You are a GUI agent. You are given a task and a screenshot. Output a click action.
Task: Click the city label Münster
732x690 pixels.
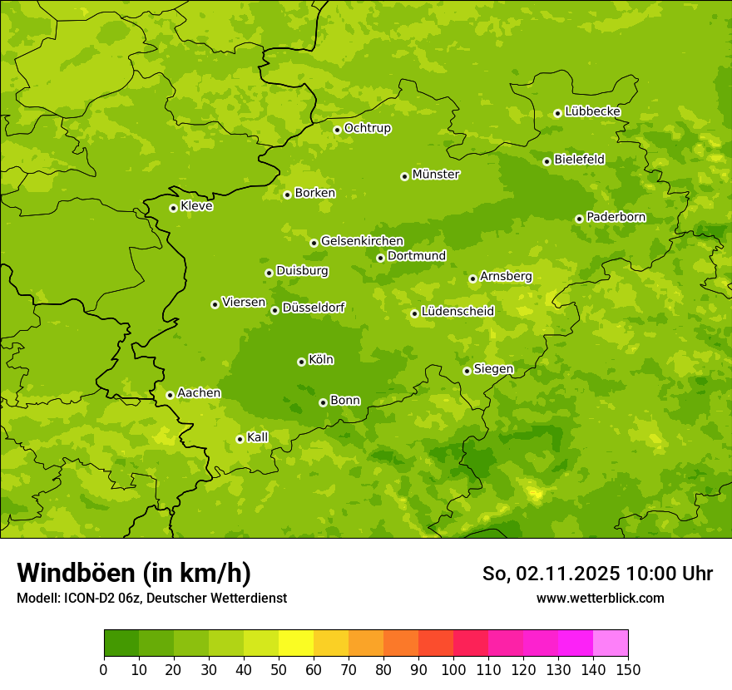tap(436, 175)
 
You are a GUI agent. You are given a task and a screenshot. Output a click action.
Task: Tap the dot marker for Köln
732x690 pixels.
tap(301, 362)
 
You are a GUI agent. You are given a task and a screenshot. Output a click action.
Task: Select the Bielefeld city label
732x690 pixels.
tap(580, 160)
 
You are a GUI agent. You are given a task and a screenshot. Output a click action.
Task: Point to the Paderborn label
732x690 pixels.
tap(616, 217)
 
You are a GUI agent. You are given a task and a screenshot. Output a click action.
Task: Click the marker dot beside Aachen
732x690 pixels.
tap(170, 395)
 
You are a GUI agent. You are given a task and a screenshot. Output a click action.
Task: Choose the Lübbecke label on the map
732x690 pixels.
tap(592, 111)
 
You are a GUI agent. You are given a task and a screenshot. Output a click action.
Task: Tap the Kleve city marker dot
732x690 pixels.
tap(173, 208)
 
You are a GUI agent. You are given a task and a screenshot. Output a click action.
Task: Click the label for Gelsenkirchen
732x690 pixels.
tap(362, 241)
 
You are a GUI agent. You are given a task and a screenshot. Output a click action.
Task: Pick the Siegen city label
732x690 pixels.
tap(493, 369)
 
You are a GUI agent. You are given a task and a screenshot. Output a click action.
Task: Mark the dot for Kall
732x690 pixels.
tap(240, 439)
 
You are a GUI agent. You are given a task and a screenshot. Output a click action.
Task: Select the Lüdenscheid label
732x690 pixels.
tap(457, 312)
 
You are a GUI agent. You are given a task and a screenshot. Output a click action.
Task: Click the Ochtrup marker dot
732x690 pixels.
tap(337, 130)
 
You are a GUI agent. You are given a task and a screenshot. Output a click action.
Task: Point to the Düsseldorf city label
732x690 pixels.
tap(313, 308)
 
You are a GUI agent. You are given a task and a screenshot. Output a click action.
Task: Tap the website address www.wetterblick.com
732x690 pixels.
tap(600, 598)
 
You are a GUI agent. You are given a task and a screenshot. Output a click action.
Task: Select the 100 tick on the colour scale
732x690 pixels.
tap(453, 669)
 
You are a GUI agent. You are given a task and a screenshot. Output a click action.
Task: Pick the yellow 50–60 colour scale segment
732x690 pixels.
tap(296, 643)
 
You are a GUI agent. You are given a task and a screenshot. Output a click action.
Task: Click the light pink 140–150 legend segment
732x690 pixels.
tap(611, 643)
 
